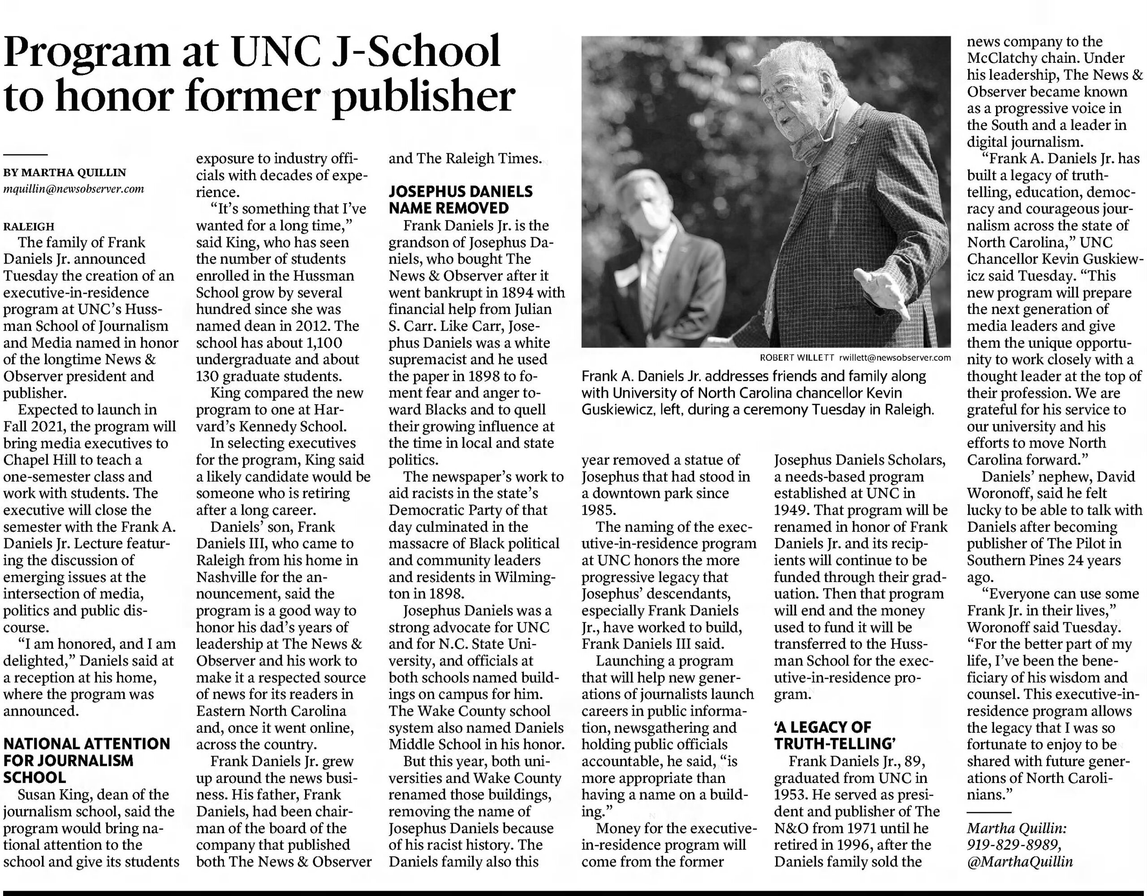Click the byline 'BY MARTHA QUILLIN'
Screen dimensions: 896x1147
click(65, 172)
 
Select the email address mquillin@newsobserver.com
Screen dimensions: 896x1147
click(73, 189)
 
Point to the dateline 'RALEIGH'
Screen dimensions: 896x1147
click(29, 226)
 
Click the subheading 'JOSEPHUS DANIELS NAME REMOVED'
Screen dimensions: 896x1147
click(461, 200)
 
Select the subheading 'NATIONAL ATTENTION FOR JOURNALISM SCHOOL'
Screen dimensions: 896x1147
click(86, 761)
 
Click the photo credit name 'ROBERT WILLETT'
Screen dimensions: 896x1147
click(797, 358)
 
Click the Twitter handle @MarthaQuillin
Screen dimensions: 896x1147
click(1019, 862)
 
